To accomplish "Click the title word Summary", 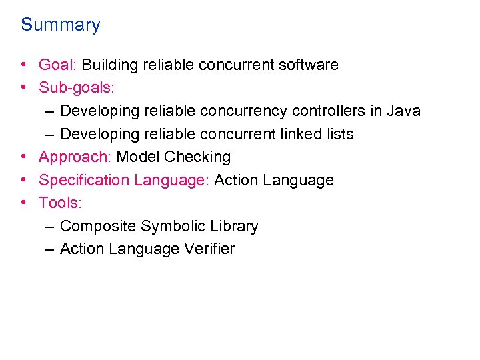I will [61, 25].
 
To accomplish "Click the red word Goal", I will [57, 65].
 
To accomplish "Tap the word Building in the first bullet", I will [109, 65].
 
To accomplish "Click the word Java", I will [404, 111].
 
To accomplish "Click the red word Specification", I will [85, 180].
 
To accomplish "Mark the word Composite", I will [98, 227].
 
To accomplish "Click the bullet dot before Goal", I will [23, 65].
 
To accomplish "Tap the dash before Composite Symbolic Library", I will [49, 227].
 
